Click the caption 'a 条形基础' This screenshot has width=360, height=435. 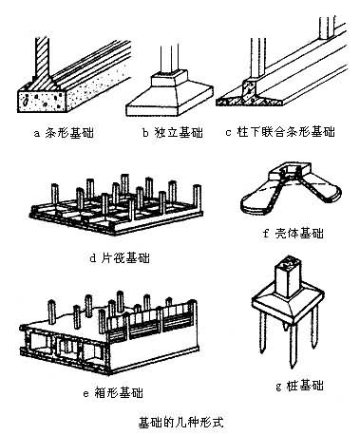point(64,133)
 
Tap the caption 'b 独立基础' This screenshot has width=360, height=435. point(173,133)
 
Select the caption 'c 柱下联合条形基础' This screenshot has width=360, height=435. point(280,132)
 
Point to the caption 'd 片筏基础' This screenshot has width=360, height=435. point(120,258)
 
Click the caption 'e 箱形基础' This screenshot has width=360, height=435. point(113,393)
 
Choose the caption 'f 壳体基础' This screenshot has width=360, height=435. point(294,234)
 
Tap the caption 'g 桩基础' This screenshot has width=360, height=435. point(299,386)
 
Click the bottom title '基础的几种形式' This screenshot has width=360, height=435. point(180,423)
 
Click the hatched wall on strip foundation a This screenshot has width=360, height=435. point(42,59)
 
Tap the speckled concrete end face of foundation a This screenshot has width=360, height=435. point(42,101)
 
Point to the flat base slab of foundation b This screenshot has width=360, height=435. point(170,105)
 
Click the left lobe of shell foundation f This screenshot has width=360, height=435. point(258,200)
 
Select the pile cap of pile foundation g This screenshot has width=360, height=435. point(288,305)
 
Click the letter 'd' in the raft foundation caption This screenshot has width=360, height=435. point(93,258)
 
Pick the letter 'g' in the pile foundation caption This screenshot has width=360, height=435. point(279,387)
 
